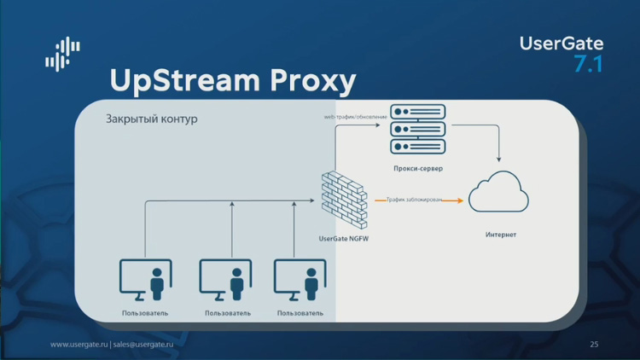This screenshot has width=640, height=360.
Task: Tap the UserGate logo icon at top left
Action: (62, 54)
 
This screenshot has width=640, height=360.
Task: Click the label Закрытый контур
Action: (151, 119)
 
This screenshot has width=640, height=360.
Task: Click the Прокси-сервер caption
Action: (417, 169)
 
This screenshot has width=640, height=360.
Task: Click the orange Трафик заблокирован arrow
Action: (419, 200)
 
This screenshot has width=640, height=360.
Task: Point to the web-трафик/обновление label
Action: (355, 116)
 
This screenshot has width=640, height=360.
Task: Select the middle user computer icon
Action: (226, 280)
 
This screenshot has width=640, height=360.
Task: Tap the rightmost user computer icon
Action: (300, 280)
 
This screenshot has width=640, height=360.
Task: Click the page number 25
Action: (594, 345)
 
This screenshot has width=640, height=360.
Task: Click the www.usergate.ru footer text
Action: (79, 345)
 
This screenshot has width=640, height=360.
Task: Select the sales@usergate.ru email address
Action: (148, 345)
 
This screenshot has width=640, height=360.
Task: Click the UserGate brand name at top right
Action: (561, 44)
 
